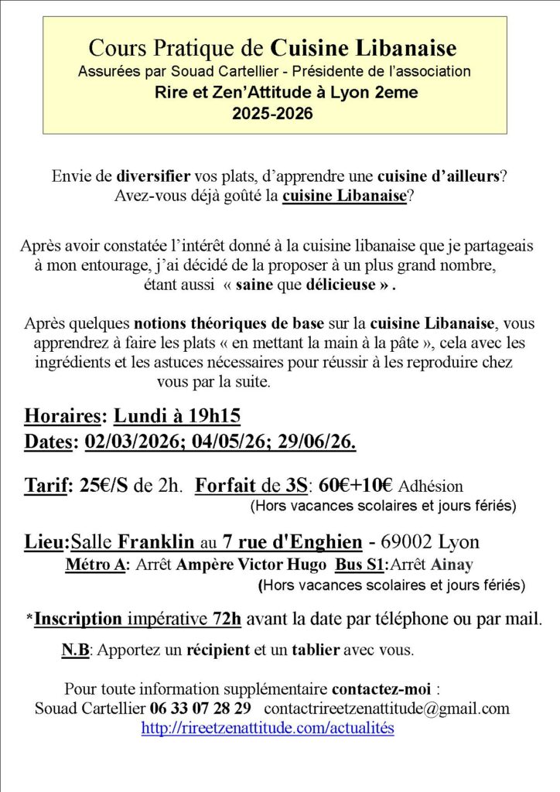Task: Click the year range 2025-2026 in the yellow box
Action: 273,114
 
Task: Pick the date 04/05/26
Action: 230,442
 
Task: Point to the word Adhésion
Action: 431,486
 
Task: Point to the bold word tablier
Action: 315,650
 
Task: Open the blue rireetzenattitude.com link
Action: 268,728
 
